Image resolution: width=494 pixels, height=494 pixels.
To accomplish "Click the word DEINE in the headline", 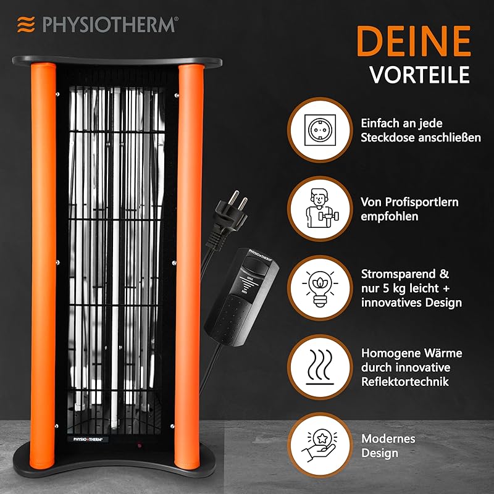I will (414, 42).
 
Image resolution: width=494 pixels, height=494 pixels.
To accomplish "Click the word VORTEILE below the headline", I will (419, 74).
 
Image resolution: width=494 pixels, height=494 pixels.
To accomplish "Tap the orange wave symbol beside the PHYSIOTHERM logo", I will (25, 24).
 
